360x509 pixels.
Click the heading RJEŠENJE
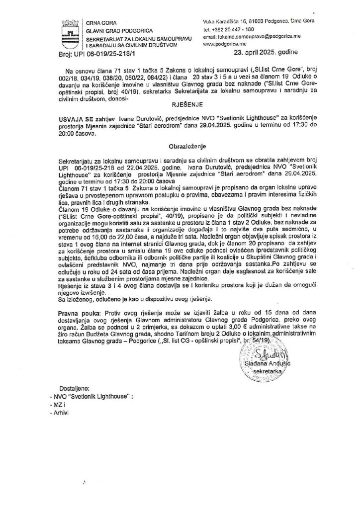[x=180, y=105]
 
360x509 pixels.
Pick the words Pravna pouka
[x=78, y=314]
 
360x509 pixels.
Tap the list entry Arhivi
[x=62, y=413]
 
